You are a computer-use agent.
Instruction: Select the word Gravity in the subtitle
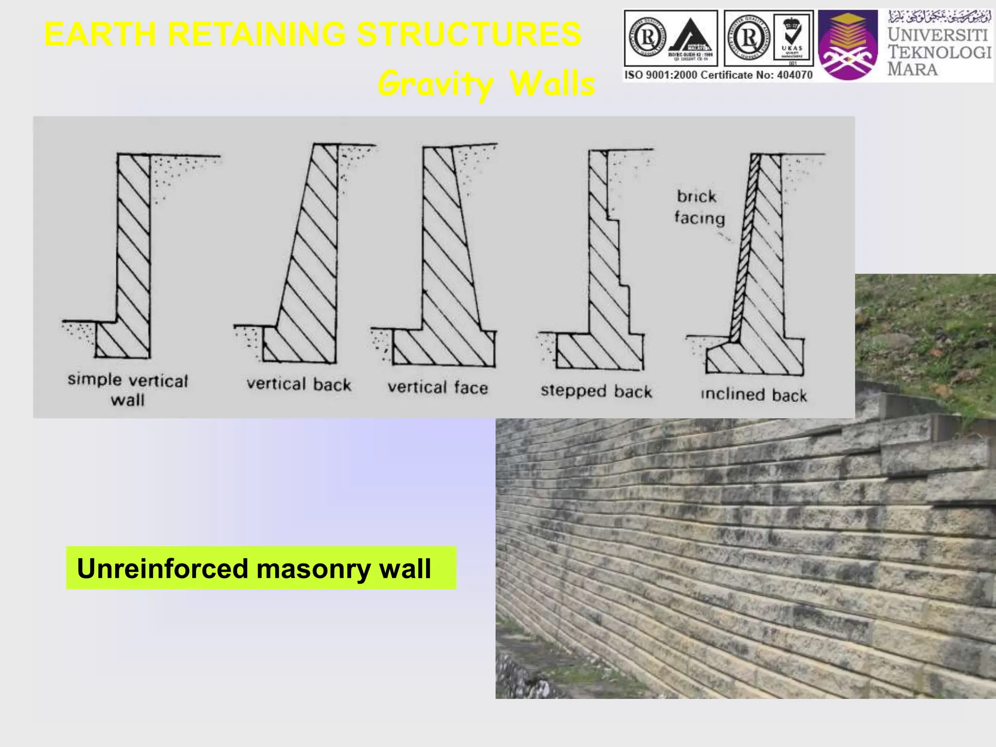[x=435, y=84]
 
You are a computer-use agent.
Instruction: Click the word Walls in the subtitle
[x=552, y=84]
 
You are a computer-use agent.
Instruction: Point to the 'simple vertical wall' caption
[x=127, y=390]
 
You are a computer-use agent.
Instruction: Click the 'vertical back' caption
[x=299, y=384]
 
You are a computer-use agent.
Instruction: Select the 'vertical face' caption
[x=438, y=388]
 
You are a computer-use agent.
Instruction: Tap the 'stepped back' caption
[x=596, y=391]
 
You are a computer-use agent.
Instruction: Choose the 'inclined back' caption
[x=754, y=394]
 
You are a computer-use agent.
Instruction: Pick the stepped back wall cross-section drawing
[x=608, y=272]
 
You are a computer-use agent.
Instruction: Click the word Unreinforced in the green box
[x=162, y=569]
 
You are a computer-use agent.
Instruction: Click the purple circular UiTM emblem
[x=848, y=46]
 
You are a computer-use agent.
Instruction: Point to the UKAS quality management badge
[x=792, y=38]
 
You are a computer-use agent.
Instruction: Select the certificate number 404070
[x=794, y=75]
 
